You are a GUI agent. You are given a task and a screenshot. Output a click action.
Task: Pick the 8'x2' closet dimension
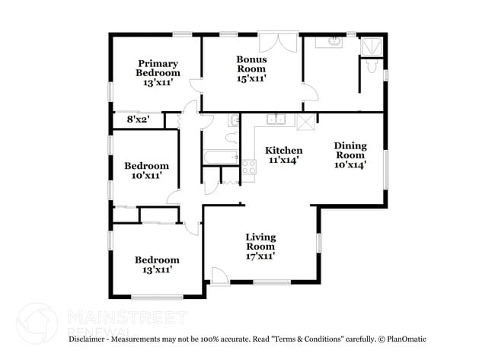139,119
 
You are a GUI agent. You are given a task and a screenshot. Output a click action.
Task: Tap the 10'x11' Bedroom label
146,170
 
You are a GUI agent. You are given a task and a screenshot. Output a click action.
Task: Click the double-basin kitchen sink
276,119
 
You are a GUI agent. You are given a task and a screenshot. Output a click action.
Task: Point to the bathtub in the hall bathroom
221,158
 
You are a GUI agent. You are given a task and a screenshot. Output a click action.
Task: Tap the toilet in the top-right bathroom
371,68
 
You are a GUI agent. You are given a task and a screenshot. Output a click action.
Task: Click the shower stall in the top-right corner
371,45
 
